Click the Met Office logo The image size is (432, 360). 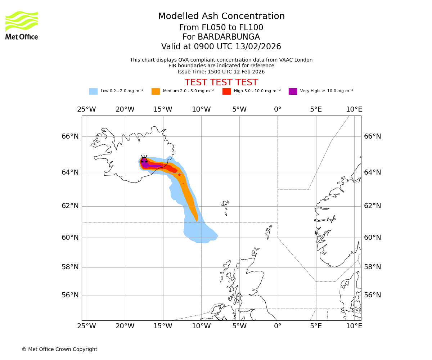[x=22, y=25]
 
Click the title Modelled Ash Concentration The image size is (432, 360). [x=221, y=17]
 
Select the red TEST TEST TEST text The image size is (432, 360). [x=221, y=82]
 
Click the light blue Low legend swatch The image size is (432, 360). [x=93, y=91]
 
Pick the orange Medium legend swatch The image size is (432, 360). [x=156, y=91]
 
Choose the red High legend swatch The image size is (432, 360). [x=226, y=91]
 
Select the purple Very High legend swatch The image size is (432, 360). [x=293, y=91]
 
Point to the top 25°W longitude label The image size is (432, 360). [x=86, y=109]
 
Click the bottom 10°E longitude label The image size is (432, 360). [x=354, y=326]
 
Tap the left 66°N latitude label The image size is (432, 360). [x=70, y=136]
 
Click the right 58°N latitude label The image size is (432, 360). [x=372, y=267]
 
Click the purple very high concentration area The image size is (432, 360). [x=151, y=166]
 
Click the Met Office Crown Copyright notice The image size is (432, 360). [x=59, y=349]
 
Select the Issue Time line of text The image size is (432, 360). [x=221, y=72]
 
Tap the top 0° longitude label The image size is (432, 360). [x=278, y=109]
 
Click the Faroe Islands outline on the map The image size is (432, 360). [x=226, y=206]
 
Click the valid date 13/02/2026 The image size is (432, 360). [x=258, y=47]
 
